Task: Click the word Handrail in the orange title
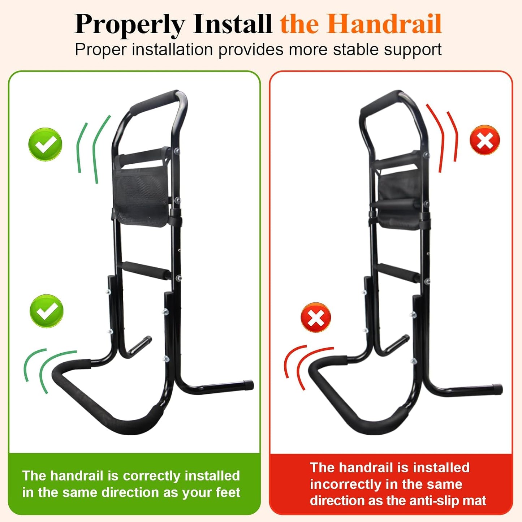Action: pyautogui.click(x=385, y=24)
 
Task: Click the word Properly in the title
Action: pyautogui.click(x=129, y=25)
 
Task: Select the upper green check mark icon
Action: pyautogui.click(x=45, y=144)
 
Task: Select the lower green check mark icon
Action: pyautogui.click(x=47, y=311)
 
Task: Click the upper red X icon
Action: pyautogui.click(x=485, y=140)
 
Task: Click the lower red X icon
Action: pyautogui.click(x=316, y=318)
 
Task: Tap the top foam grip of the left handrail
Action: pyautogui.click(x=155, y=101)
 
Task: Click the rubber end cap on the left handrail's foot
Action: pyautogui.click(x=249, y=385)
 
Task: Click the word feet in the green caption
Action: pyautogui.click(x=228, y=492)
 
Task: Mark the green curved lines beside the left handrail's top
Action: pyautogui.click(x=92, y=149)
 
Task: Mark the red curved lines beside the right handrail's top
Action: pyautogui.click(x=444, y=137)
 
